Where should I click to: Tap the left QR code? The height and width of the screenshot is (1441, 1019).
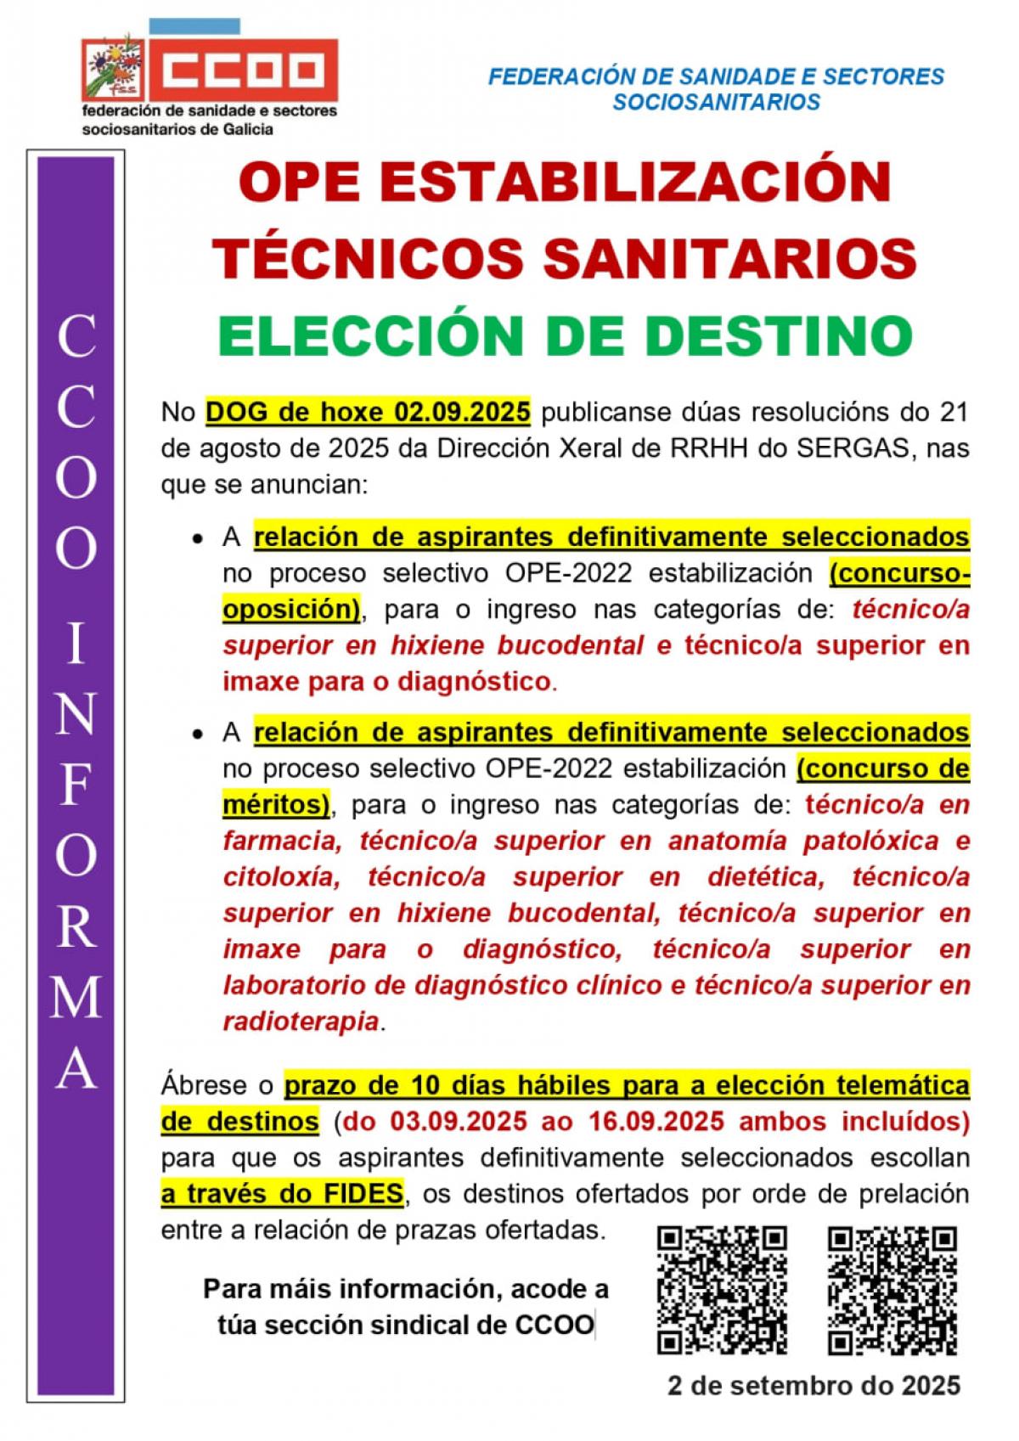pos(723,1290)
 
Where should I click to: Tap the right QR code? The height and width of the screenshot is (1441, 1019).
pos(892,1290)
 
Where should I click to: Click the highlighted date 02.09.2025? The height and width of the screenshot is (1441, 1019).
pos(462,412)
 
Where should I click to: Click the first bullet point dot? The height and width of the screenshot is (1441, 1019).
pos(197,539)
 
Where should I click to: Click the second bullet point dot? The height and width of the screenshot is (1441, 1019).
pos(197,734)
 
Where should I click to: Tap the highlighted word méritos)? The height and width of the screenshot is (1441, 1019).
pos(276,804)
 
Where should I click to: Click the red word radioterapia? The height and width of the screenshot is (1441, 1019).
pos(301,1022)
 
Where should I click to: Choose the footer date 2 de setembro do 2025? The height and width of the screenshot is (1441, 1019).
pos(814,1386)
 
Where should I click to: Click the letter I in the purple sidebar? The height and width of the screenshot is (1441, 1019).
pos(76,645)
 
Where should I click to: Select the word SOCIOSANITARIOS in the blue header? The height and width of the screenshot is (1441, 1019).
pos(716,102)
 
